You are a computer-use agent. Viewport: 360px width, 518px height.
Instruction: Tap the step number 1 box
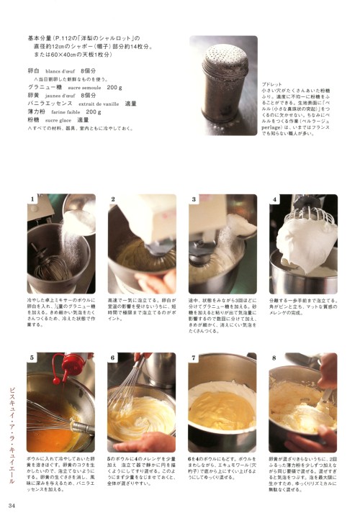32,199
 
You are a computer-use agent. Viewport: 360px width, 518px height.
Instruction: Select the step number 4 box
274,199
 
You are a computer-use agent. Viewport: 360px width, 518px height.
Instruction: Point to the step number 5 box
32,358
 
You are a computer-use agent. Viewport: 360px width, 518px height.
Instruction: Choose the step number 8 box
274,358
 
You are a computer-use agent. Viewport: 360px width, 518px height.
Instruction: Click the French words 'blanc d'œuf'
63,72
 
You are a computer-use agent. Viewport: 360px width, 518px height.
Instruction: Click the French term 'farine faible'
68,112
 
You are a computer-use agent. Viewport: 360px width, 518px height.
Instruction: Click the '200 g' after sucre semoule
114,86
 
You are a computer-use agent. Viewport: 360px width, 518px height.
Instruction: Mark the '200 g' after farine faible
94,112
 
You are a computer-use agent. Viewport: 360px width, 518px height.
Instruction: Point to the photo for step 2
142,244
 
